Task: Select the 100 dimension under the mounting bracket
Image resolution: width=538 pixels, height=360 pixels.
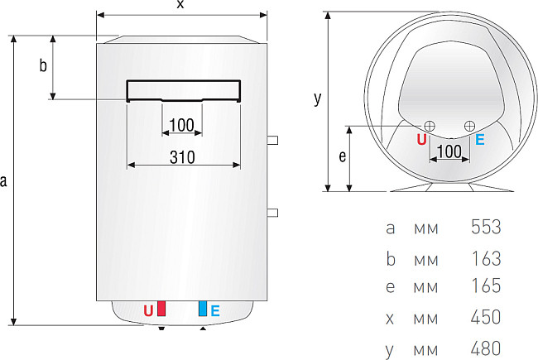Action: [x=180, y=125]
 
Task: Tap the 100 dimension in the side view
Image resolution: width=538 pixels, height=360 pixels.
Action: [x=448, y=151]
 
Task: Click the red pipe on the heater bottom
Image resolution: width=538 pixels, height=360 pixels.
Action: [x=161, y=310]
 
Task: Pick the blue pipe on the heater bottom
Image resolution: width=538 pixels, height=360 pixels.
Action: [x=202, y=310]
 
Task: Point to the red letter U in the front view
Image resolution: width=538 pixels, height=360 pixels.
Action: [x=148, y=311]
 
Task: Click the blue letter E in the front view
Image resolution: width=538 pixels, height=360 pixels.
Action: [x=215, y=311]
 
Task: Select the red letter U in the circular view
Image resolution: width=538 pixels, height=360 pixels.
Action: [x=421, y=140]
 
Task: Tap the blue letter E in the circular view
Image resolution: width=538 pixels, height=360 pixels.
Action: [x=480, y=140]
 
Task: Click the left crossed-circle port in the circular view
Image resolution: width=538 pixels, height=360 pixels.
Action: [x=429, y=125]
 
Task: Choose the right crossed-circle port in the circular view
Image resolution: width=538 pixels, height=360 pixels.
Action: [x=469, y=125]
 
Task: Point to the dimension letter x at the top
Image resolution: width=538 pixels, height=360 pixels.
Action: [x=180, y=5]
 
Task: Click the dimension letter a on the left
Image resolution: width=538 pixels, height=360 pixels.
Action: [x=5, y=180]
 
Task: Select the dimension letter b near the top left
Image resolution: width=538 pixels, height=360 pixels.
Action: [x=43, y=67]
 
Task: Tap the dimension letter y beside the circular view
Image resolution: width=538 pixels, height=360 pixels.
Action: [x=317, y=98]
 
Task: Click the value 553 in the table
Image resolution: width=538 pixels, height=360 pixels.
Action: [x=485, y=227]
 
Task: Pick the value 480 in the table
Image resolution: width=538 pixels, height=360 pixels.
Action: [x=485, y=348]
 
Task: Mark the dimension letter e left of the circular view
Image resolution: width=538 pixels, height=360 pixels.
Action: [x=342, y=155]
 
